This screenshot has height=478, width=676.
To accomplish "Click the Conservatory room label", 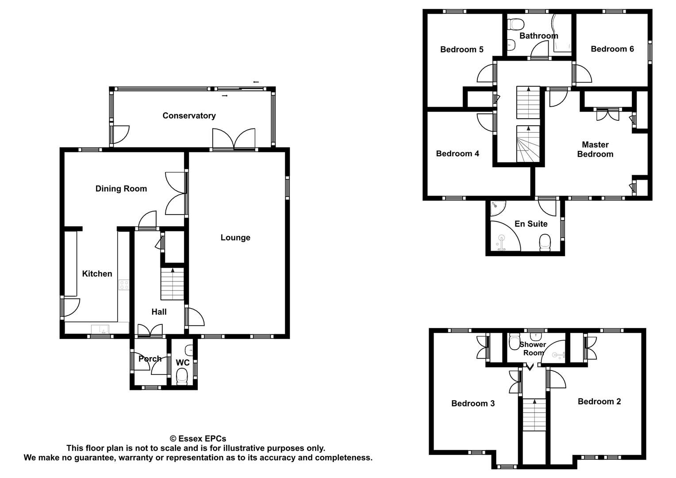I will pyautogui.click(x=189, y=116).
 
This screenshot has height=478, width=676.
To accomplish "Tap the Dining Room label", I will pyautogui.click(x=121, y=189).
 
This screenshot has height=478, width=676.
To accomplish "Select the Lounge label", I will pyautogui.click(x=235, y=238).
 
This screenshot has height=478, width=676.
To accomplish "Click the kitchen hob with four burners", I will pyautogui.click(x=124, y=285).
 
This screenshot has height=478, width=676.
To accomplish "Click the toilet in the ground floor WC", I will pyautogui.click(x=182, y=378).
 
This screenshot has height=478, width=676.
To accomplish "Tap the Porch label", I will pyautogui.click(x=150, y=358).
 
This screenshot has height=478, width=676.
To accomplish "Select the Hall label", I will pyautogui.click(x=159, y=312).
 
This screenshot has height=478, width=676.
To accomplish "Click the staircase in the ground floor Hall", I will pyautogui.click(x=172, y=284).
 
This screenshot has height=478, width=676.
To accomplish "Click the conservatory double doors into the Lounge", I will pyautogui.click(x=234, y=139).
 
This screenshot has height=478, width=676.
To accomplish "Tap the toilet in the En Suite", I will pyautogui.click(x=545, y=243).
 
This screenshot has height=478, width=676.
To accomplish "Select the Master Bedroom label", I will pyautogui.click(x=595, y=150).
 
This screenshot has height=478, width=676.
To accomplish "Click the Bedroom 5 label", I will pyautogui.click(x=461, y=50).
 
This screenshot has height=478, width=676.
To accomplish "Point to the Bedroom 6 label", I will pyautogui.click(x=612, y=49).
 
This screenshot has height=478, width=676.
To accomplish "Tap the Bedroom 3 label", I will pyautogui.click(x=473, y=403).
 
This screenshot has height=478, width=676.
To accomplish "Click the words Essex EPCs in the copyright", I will pyautogui.click(x=202, y=439).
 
